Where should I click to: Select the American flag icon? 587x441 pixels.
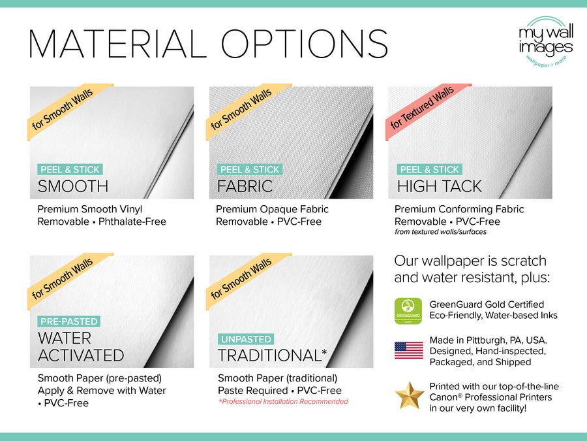point(409,351)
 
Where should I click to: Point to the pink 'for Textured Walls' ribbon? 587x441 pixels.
point(423,108)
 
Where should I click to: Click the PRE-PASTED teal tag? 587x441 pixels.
point(69,321)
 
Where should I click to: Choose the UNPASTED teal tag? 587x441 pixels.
point(245,339)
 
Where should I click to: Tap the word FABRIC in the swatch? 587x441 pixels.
point(245,186)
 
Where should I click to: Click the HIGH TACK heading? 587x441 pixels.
point(439,186)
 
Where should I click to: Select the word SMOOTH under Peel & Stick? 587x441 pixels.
point(73,186)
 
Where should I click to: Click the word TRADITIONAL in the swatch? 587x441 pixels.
point(268,355)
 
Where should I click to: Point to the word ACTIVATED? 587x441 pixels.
point(81,355)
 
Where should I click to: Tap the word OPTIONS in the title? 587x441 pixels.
point(304,44)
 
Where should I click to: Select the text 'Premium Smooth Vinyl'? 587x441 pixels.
point(89,209)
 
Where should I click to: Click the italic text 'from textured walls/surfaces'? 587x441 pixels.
point(440,232)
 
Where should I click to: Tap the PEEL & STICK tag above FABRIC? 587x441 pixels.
point(250,169)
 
